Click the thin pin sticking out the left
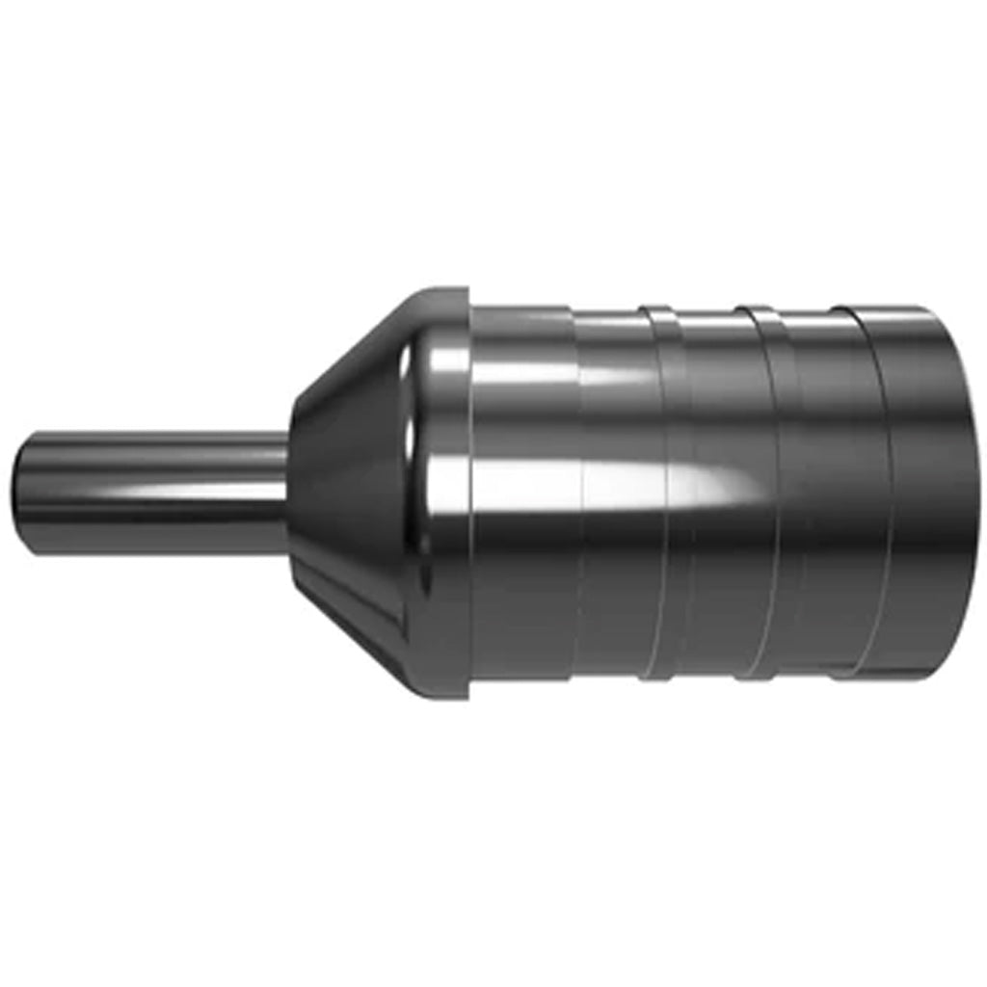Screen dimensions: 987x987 coord(145,493)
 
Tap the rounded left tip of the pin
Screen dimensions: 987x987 coord(19,493)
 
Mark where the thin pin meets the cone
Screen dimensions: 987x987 coord(288,493)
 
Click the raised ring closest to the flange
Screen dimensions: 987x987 coord(659,493)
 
